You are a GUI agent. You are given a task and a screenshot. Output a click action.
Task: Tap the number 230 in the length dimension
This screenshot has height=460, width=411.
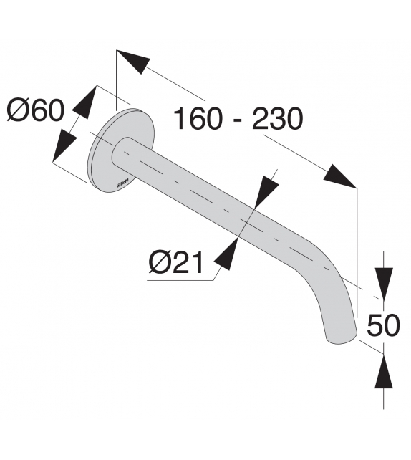[x=276, y=118]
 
